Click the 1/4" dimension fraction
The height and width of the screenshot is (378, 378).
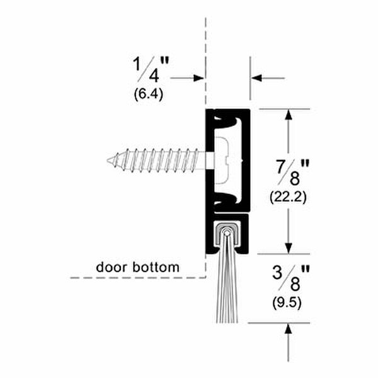coord(151,69)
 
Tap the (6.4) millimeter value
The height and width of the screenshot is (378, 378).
coord(149,94)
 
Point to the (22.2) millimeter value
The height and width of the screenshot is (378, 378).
coord(289,198)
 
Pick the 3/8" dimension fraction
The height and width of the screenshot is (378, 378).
coord(290,278)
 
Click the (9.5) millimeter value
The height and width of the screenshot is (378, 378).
coord(287,302)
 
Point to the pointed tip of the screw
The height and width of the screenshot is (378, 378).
coord(108,160)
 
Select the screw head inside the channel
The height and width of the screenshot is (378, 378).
coord(222,160)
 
